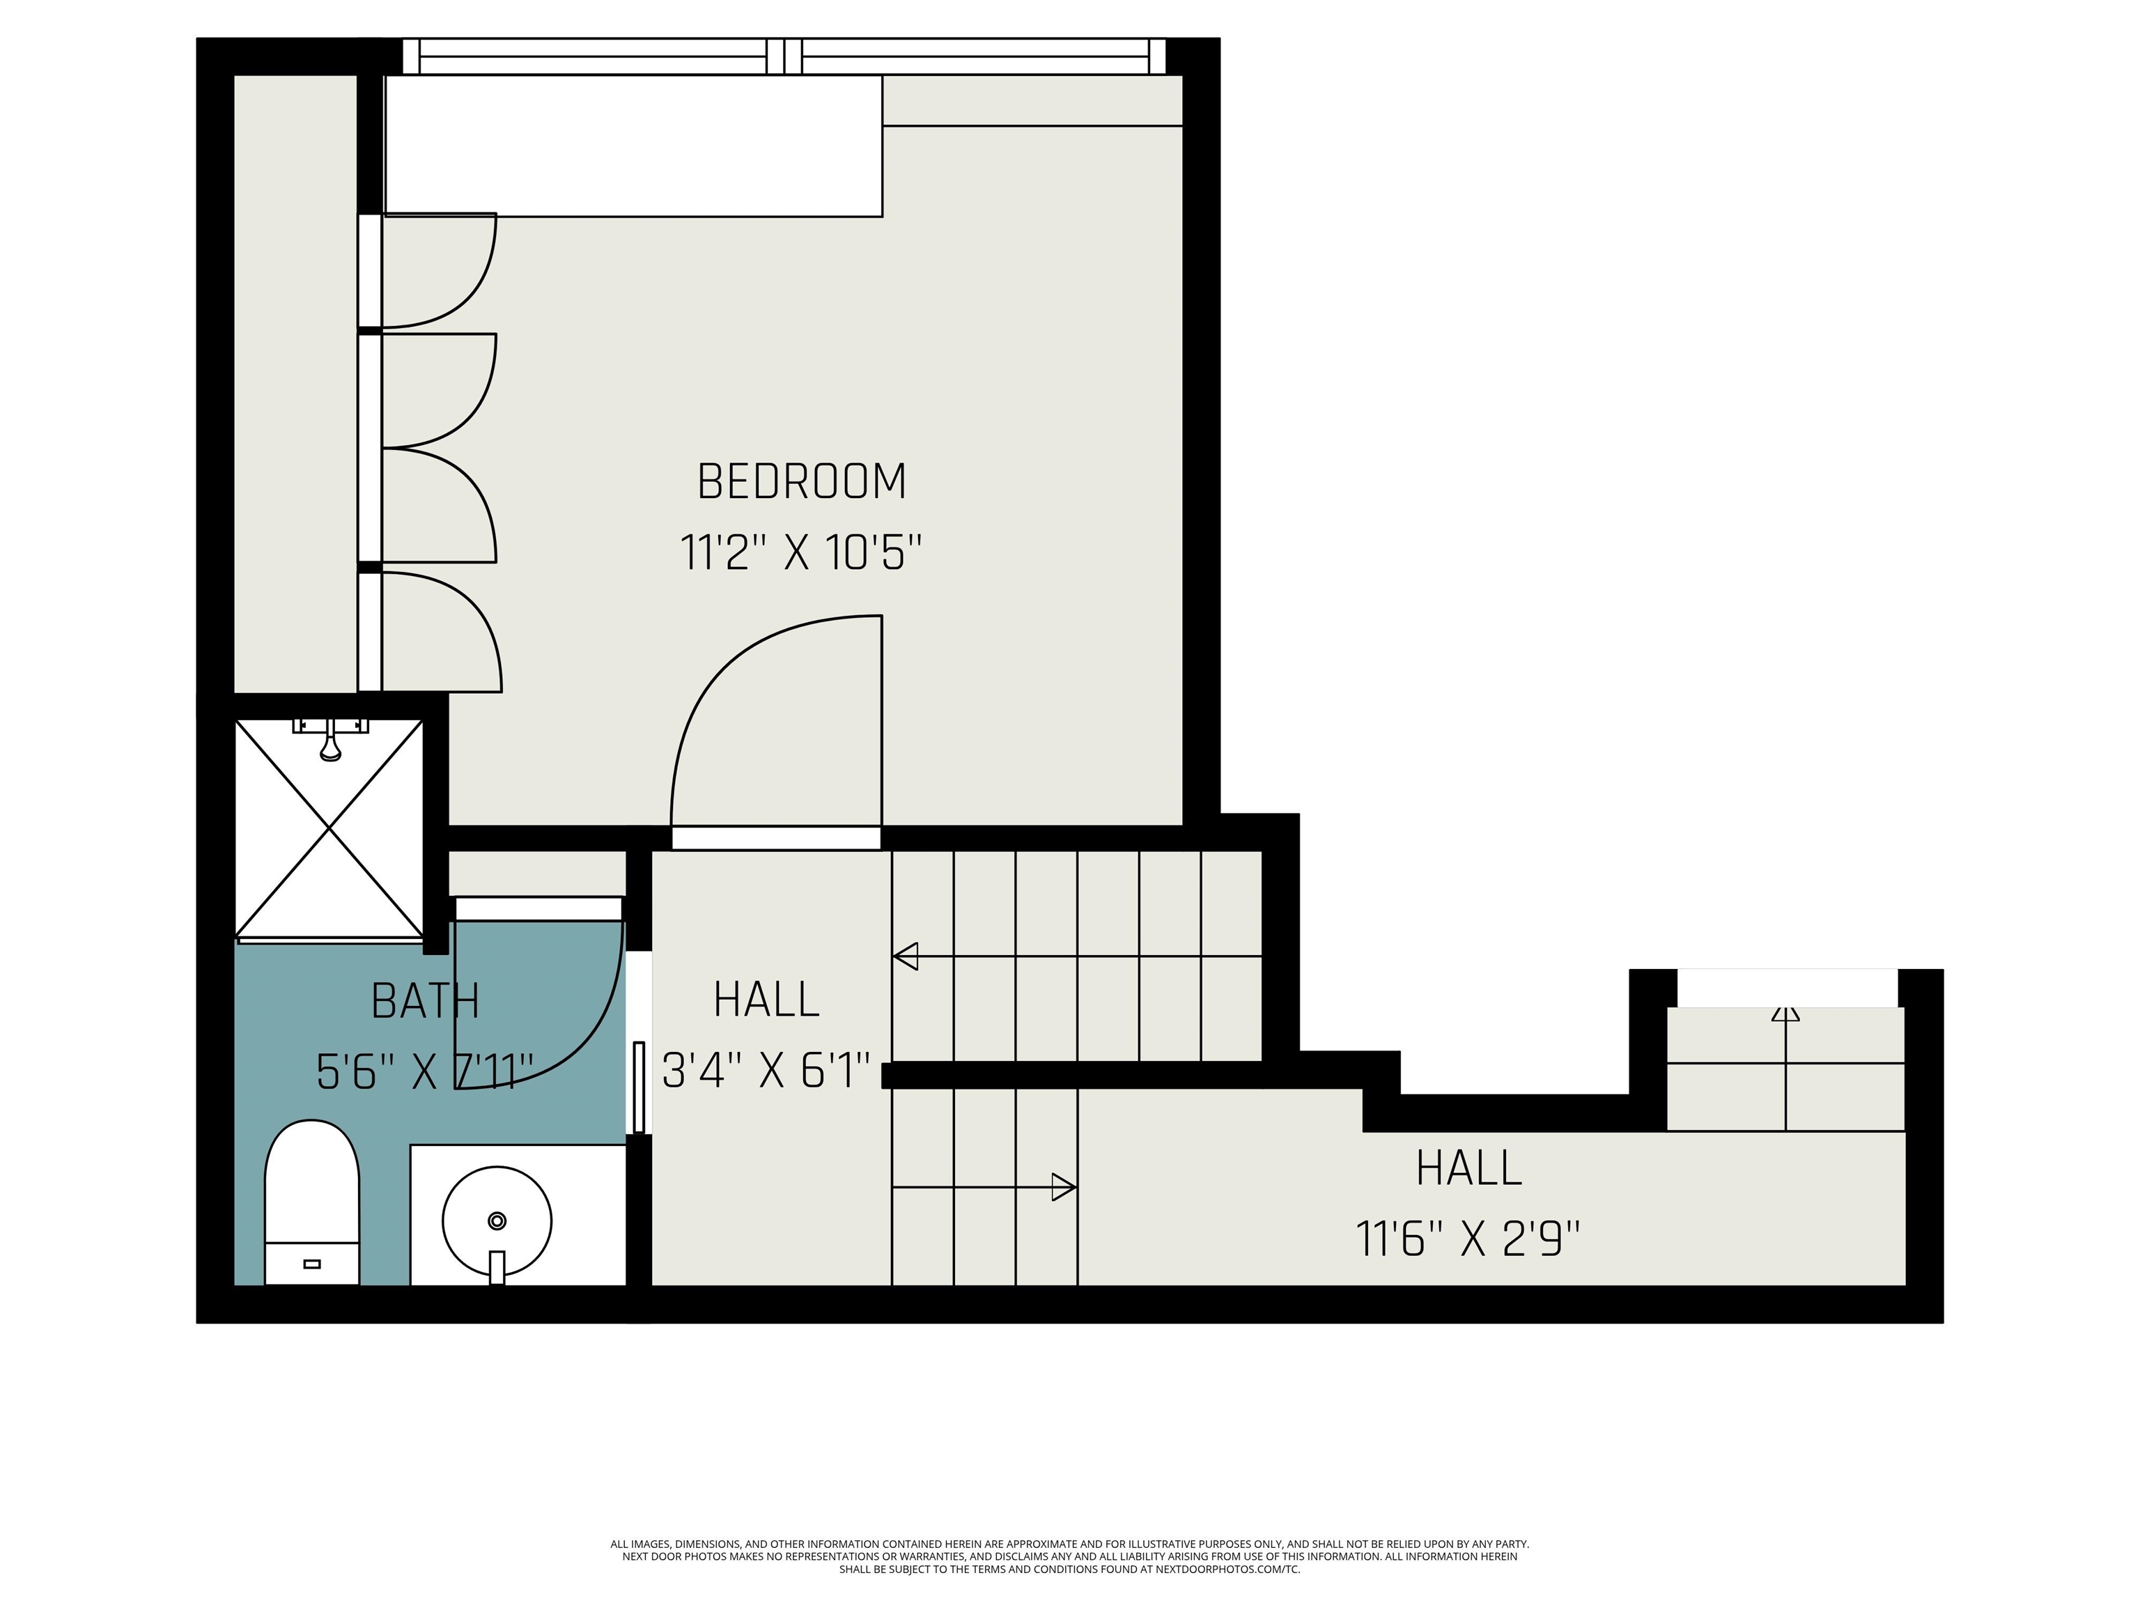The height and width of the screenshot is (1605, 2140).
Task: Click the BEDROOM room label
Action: click(x=801, y=482)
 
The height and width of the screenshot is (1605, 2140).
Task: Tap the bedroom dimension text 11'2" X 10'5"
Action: click(x=801, y=553)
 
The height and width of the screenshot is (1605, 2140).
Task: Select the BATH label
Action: click(x=426, y=1001)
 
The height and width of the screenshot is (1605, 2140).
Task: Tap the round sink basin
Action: click(x=497, y=1221)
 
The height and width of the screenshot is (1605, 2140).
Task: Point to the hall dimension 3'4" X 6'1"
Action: click(x=766, y=1071)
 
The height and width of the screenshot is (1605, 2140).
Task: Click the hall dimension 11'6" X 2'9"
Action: click(x=1468, y=1239)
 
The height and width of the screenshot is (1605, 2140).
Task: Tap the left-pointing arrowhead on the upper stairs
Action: click(x=905, y=957)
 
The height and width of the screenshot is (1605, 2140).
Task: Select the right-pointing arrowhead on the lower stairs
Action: click(x=1064, y=1187)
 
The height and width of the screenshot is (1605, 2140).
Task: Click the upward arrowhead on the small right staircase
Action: click(x=1785, y=1014)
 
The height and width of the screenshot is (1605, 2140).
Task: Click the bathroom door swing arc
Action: click(x=590, y=1045)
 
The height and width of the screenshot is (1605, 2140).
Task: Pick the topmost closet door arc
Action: click(x=474, y=290)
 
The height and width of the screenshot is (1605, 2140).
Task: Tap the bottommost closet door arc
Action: click(x=479, y=619)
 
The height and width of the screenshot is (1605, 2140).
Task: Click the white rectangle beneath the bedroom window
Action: click(x=634, y=145)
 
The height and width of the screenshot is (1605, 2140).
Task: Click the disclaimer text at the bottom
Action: click(x=1069, y=1557)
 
